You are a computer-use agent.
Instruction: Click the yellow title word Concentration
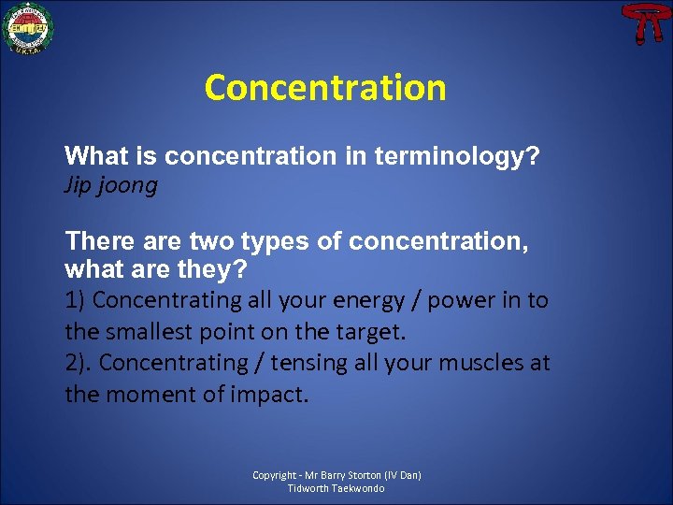click(x=325, y=88)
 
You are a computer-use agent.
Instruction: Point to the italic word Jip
click(x=78, y=185)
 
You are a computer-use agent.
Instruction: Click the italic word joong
click(x=128, y=186)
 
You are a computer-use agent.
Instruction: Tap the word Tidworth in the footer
click(x=308, y=488)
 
